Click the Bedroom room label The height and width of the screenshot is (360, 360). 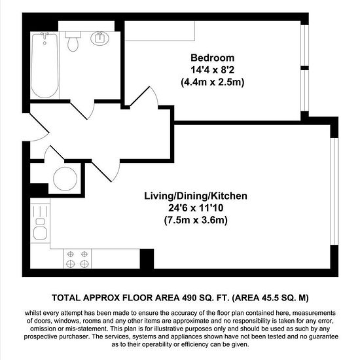[212, 58]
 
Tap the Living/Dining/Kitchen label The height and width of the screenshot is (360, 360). [196, 196]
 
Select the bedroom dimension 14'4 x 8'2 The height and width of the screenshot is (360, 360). [212, 70]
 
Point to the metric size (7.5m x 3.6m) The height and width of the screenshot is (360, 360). [196, 221]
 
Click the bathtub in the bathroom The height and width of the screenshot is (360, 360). [45, 65]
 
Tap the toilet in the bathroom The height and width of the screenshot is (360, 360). [73, 41]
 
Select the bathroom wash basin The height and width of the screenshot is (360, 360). [99, 39]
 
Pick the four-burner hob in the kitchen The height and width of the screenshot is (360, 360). [77, 259]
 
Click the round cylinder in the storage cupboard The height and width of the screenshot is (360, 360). [65, 179]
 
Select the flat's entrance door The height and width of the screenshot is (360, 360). [39, 127]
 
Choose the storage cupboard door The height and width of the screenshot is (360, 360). [54, 153]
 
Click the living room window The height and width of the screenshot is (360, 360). [334, 191]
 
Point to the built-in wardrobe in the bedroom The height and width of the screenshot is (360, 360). [160, 31]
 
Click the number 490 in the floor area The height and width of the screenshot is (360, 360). [189, 298]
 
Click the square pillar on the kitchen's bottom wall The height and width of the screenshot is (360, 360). [147, 259]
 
